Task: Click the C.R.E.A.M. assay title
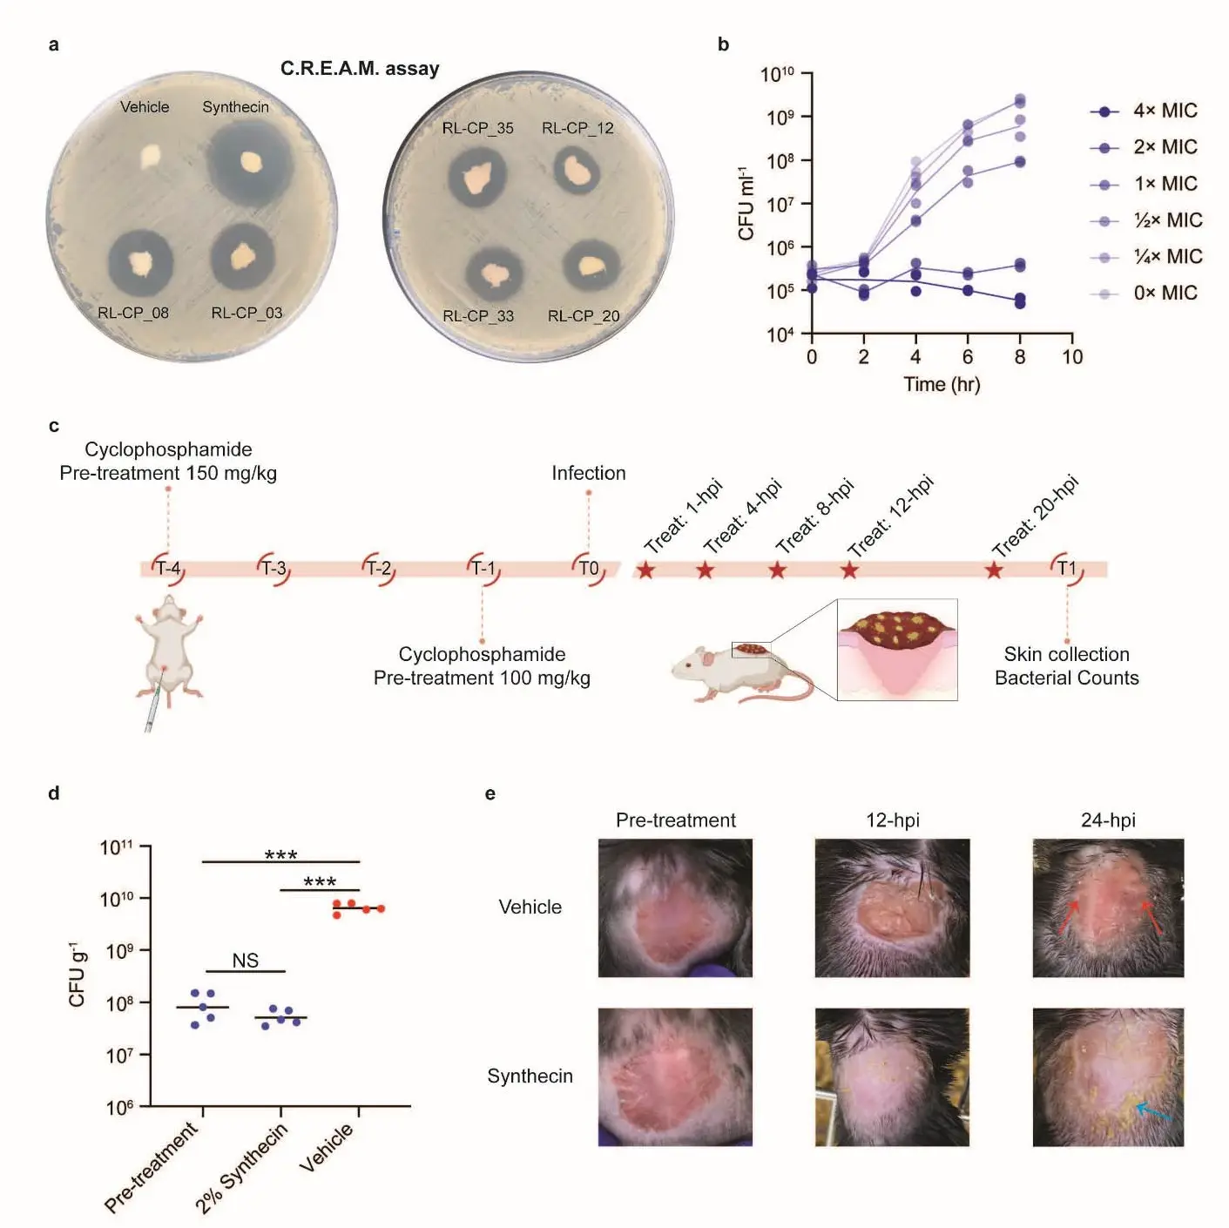(x=360, y=69)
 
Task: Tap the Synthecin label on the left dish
(x=235, y=107)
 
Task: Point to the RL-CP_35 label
(x=477, y=128)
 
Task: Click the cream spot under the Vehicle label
(x=151, y=157)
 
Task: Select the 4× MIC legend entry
(x=1145, y=111)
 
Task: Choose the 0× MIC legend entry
(x=1145, y=294)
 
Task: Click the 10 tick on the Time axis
(x=1072, y=357)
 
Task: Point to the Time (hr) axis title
(x=942, y=385)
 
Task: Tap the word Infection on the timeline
(x=588, y=473)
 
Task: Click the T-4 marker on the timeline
(x=168, y=569)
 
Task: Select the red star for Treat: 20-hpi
(x=994, y=570)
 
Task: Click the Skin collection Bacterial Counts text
(x=1066, y=666)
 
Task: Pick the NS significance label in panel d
(x=245, y=961)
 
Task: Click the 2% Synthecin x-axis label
(x=241, y=1169)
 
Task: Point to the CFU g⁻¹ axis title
(x=78, y=975)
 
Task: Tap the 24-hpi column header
(x=1108, y=820)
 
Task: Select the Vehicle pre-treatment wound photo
(x=675, y=908)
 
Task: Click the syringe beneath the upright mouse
(x=151, y=710)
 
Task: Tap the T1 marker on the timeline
(x=1067, y=569)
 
